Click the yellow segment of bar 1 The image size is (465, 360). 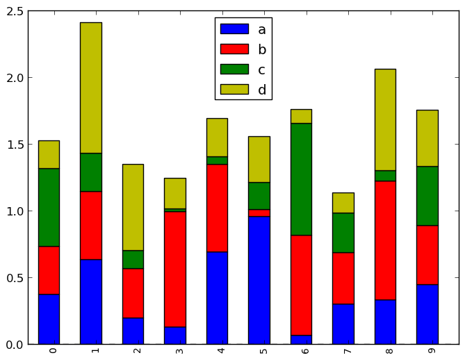pyautogui.click(x=90, y=88)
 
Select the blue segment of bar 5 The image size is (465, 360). pyautogui.click(x=259, y=280)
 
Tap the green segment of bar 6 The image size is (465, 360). pyautogui.click(x=301, y=179)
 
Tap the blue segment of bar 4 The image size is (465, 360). pyautogui.click(x=217, y=297)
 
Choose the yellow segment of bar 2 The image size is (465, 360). pyautogui.click(x=133, y=207)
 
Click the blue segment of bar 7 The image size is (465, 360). pyautogui.click(x=343, y=324)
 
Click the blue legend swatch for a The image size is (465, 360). pyautogui.click(x=234, y=29)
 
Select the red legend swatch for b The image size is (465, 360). pyautogui.click(x=234, y=49)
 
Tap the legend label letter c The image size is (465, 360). pyautogui.click(x=261, y=69)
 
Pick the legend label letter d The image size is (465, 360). pyautogui.click(x=262, y=90)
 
